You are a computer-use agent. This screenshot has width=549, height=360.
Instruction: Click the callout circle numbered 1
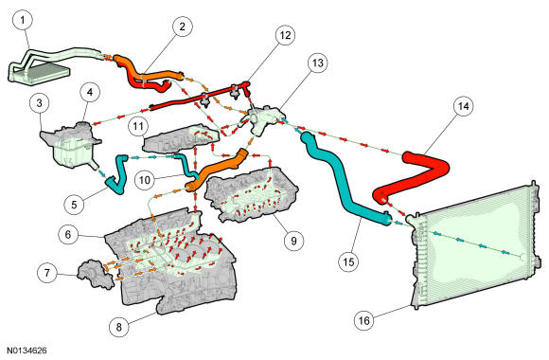23,21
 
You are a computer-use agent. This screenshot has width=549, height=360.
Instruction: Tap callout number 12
285,35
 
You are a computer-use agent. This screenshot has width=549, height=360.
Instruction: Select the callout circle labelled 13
317,63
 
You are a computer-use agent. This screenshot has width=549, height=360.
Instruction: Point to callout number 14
463,106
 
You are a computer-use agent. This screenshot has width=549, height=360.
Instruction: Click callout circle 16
364,320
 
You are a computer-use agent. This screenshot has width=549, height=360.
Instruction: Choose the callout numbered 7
47,272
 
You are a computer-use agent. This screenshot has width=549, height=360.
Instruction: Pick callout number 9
293,241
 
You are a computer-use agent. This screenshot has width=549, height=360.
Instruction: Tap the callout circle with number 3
39,103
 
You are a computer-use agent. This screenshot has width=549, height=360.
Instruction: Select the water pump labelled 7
96,275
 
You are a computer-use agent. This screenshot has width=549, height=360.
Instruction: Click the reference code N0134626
27,351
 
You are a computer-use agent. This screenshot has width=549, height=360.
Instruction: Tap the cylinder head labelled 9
250,194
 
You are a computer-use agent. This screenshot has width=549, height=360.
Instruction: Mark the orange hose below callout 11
217,170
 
